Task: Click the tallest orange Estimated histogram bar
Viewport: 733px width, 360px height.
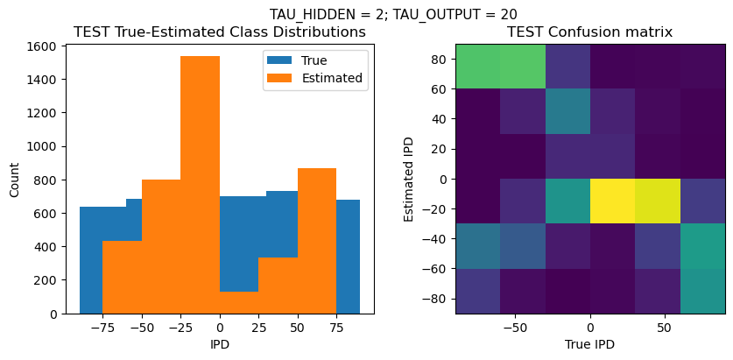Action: [x=200, y=184]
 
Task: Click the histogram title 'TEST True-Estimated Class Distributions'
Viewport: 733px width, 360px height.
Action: [x=220, y=32]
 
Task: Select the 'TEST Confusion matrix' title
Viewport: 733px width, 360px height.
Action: [x=590, y=32]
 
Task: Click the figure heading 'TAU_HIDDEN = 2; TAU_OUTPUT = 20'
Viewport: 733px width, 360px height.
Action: [x=393, y=13]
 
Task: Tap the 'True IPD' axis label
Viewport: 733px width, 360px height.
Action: [x=590, y=344]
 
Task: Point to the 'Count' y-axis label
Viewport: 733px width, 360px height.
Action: [x=15, y=179]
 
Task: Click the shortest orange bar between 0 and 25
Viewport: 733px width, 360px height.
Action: [x=239, y=302]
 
